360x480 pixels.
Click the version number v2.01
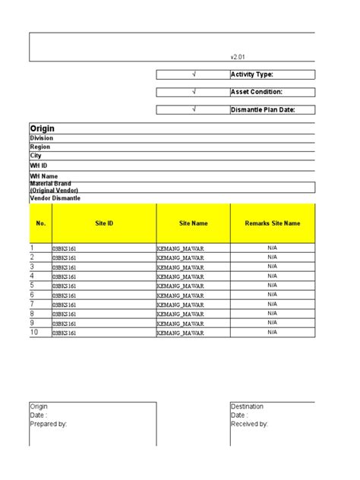click(x=238, y=56)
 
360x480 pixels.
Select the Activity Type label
click(x=251, y=74)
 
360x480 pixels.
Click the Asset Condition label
click(x=256, y=92)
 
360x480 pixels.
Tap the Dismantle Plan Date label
click(x=262, y=109)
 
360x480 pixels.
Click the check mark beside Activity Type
click(x=194, y=74)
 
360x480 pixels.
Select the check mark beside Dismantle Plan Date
click(x=194, y=109)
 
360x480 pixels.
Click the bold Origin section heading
click(x=42, y=128)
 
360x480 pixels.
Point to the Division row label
click(x=42, y=138)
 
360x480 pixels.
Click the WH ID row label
click(x=39, y=165)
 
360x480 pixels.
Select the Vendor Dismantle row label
click(x=55, y=198)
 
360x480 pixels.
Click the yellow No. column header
click(x=40, y=223)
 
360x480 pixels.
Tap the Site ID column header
click(x=104, y=223)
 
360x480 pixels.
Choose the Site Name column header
click(x=194, y=223)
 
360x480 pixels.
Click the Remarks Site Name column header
click(x=273, y=223)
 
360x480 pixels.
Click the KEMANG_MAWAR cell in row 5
click(x=181, y=286)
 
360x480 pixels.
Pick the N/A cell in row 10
click(x=273, y=332)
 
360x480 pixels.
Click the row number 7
click(x=32, y=304)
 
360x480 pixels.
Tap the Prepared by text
click(x=49, y=424)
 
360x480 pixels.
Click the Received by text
click(x=249, y=424)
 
